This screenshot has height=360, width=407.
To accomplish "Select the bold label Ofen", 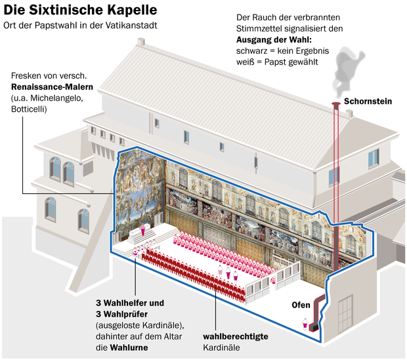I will click(x=301, y=305).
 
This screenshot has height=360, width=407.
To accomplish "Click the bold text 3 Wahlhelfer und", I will click(x=130, y=303).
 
